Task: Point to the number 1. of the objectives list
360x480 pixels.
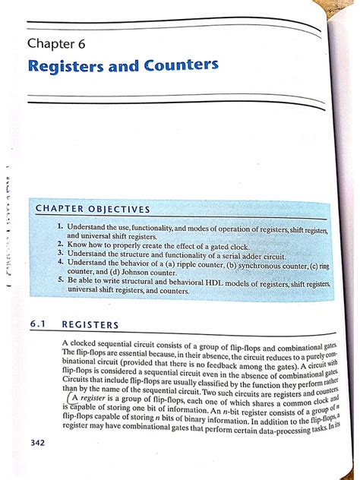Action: [x=58, y=226]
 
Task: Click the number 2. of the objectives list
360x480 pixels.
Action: [x=58, y=245]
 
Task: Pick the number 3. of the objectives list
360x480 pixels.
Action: [x=58, y=254]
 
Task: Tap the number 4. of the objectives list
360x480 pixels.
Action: [x=58, y=264]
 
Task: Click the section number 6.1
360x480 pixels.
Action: [x=39, y=324]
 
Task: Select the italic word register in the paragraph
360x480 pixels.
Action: [x=93, y=398]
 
